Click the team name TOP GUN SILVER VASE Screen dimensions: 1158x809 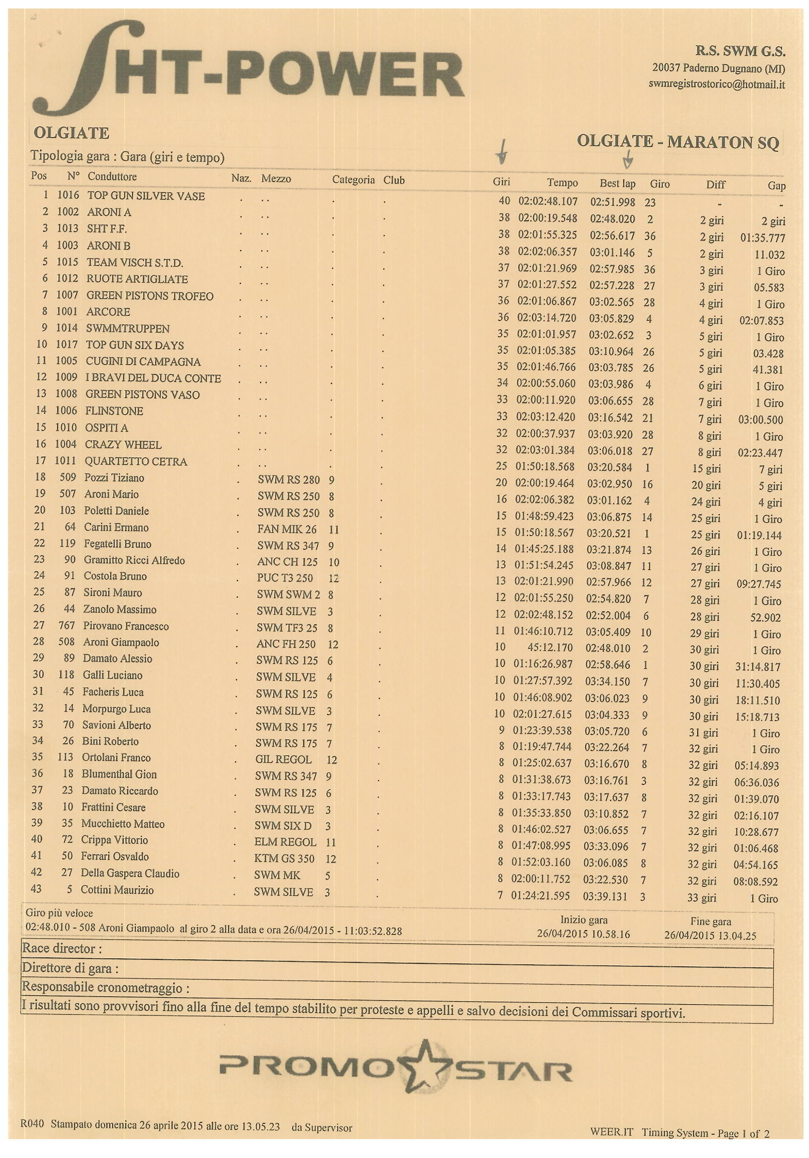click(146, 196)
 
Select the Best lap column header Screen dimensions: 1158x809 click(617, 183)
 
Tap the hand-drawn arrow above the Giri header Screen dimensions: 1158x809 click(501, 153)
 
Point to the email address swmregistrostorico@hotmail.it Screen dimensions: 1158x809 click(716, 84)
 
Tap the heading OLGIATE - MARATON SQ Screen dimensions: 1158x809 click(677, 142)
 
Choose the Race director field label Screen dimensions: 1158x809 click(61, 949)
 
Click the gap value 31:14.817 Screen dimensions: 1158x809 click(757, 667)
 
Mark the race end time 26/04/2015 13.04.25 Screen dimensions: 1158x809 click(710, 935)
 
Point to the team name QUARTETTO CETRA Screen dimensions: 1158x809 click(136, 461)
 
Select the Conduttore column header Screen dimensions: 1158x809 click(112, 176)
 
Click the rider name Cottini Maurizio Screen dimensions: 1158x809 click(117, 890)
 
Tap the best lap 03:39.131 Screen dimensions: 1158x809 click(605, 896)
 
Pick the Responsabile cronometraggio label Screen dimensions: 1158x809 click(106, 987)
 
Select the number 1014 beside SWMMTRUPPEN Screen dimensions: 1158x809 click(66, 328)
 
